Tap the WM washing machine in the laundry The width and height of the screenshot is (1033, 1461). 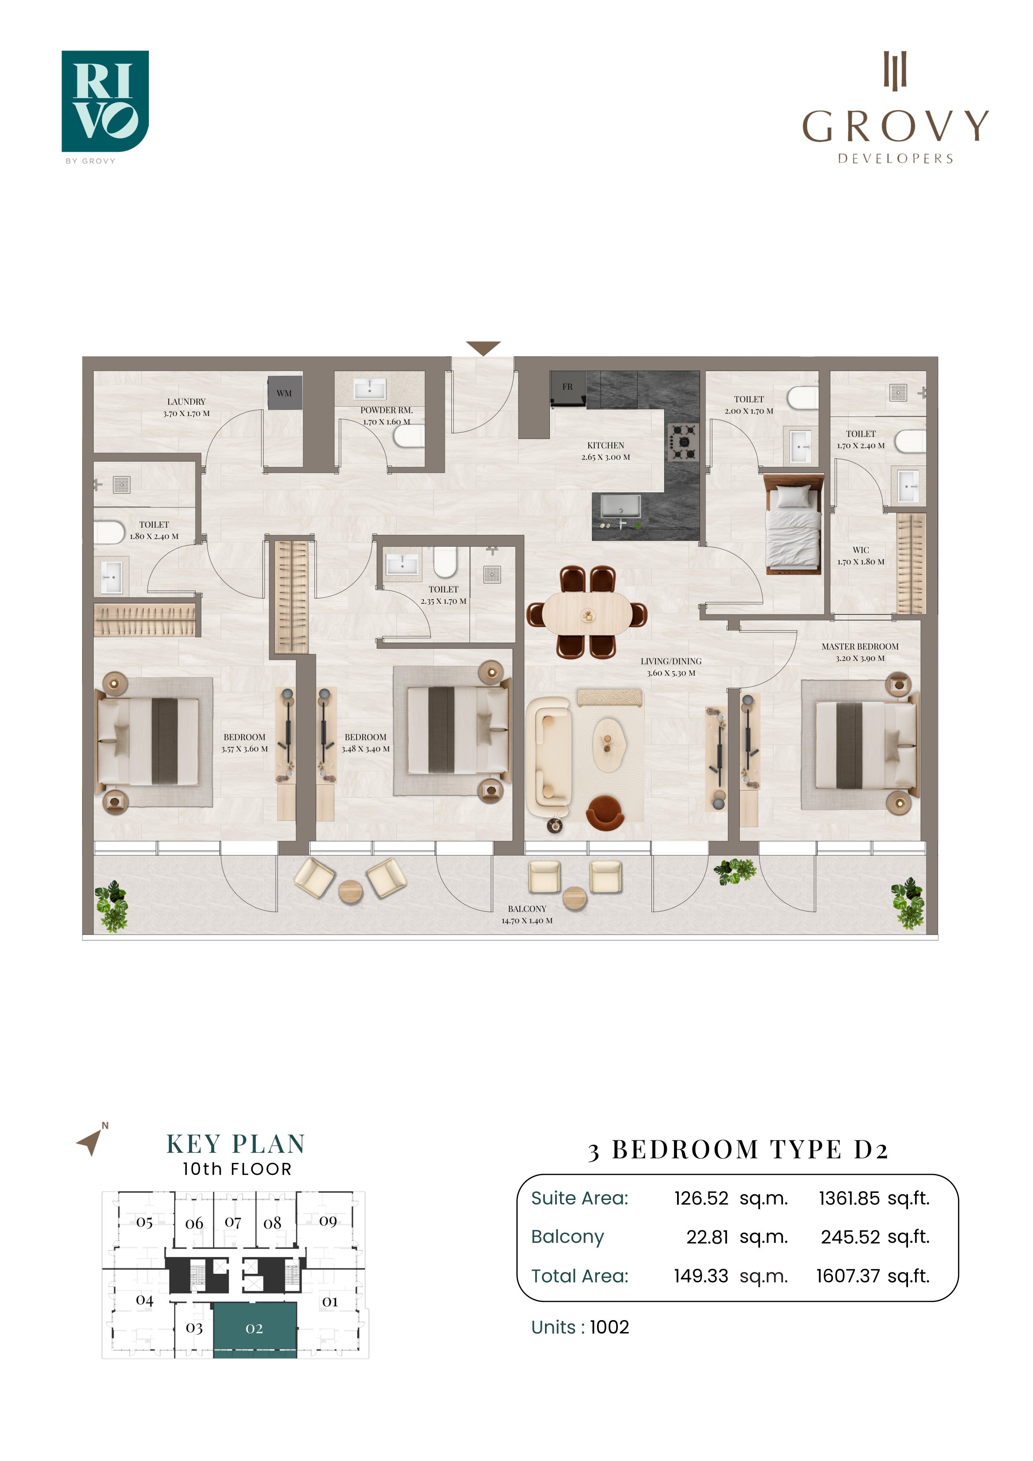tap(284, 393)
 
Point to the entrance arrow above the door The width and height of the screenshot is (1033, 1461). tap(483, 348)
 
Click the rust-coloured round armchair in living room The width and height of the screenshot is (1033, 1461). tap(605, 813)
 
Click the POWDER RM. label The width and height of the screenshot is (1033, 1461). tap(386, 410)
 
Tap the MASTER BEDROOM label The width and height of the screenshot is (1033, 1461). tap(860, 647)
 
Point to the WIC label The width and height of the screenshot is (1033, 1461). tap(860, 550)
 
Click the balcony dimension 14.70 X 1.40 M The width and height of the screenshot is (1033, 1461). tap(527, 921)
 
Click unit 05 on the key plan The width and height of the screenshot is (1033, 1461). tap(144, 1223)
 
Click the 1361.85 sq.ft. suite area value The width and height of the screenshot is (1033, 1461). tap(874, 1199)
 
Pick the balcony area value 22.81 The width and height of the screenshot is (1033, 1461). tap(707, 1237)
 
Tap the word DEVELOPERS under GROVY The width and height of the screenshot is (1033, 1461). tap(895, 159)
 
